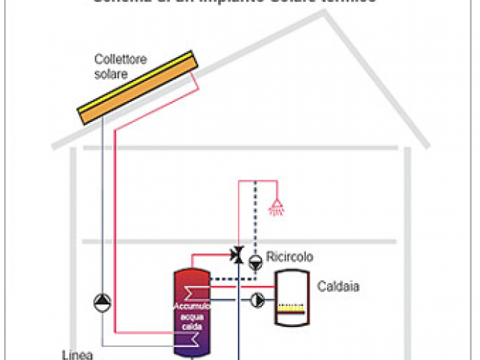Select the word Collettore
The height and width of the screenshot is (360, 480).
tap(120, 60)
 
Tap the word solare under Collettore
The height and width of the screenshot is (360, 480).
tap(111, 73)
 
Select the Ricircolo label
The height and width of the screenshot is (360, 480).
tap(290, 257)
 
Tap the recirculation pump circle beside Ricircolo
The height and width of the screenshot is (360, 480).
tap(255, 261)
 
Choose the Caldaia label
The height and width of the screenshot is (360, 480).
tap(338, 286)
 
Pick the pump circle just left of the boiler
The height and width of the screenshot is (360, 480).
tap(259, 300)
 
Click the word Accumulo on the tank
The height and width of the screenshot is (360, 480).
tap(191, 306)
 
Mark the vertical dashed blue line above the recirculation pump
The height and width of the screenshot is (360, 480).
tap(254, 219)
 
